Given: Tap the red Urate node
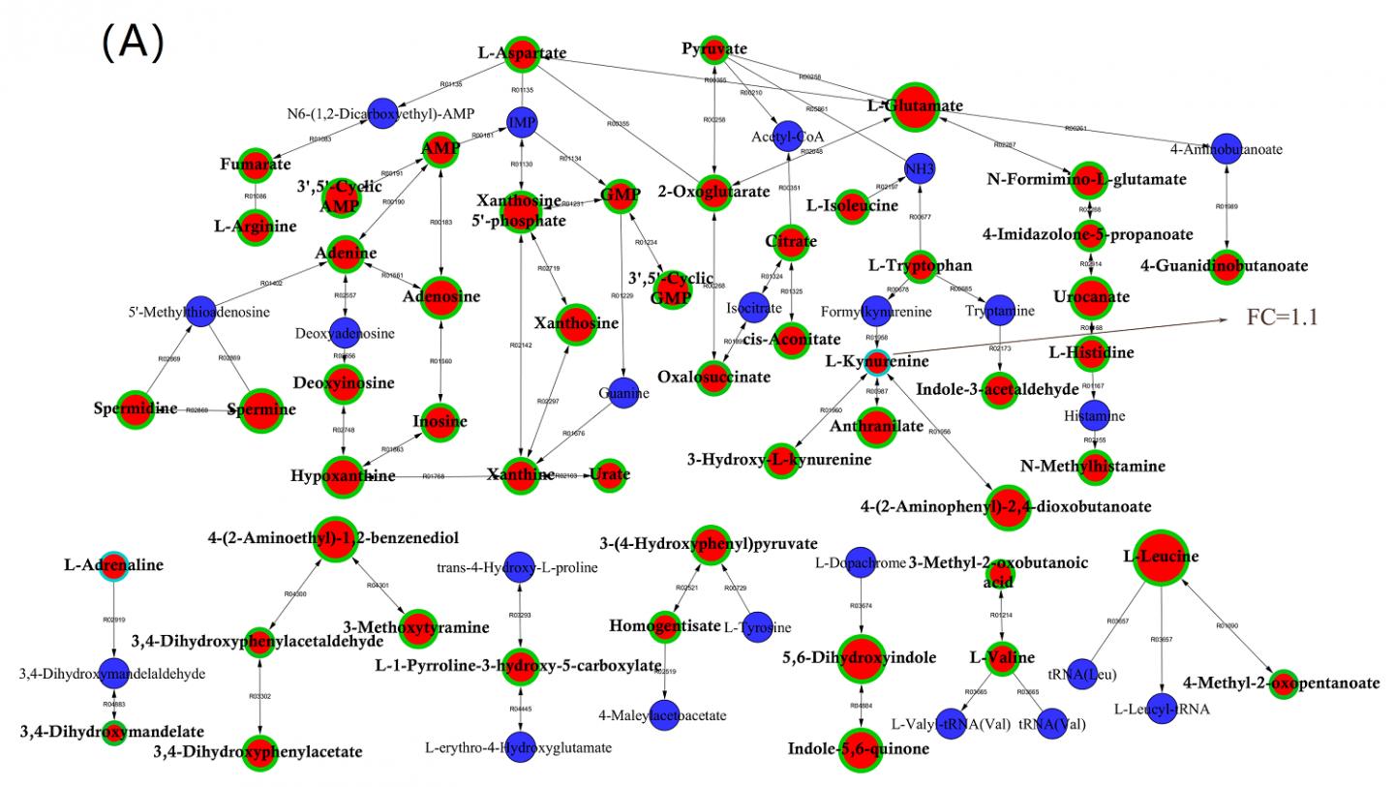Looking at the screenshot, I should click(x=607, y=474).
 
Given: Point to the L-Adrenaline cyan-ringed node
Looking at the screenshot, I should click(x=114, y=566).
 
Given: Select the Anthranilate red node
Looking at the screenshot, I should click(x=876, y=426).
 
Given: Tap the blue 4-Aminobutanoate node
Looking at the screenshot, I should click(x=1227, y=149).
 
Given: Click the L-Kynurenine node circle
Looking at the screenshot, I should click(x=876, y=362).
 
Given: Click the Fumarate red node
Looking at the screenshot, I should click(x=255, y=165).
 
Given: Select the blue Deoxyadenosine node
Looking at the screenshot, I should click(x=346, y=333).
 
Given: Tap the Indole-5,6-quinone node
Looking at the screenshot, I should click(x=858, y=748).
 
